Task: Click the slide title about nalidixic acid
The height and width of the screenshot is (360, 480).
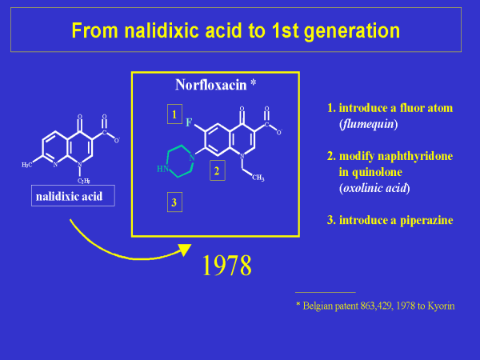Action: [x=235, y=30]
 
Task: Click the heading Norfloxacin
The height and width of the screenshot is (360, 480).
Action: [x=211, y=84]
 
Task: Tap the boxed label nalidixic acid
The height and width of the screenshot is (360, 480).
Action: [x=73, y=195]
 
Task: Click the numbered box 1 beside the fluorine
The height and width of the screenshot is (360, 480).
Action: [x=174, y=114]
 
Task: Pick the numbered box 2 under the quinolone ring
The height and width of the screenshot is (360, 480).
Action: [x=215, y=170]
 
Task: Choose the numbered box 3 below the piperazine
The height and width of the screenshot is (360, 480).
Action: [x=174, y=202]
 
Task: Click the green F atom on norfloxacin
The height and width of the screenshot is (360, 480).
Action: [x=189, y=124]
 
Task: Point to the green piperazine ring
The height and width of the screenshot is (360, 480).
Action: [x=178, y=158]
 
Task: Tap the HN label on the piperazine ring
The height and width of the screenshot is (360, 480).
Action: [x=162, y=169]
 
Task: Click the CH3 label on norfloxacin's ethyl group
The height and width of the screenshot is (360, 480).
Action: [x=258, y=178]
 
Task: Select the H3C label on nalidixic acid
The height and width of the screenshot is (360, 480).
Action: [x=27, y=164]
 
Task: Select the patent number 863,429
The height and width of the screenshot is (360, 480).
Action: [x=369, y=306]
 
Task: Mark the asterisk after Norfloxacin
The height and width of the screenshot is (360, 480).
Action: [x=253, y=82]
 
